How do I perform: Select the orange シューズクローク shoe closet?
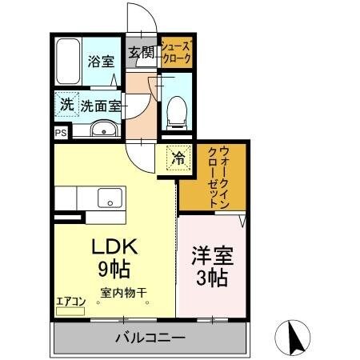[x=175, y=52]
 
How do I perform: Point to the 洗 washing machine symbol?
[x=67, y=104]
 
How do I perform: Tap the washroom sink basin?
[x=101, y=130]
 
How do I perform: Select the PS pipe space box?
[x=61, y=134]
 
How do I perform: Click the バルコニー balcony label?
[x=149, y=338]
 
